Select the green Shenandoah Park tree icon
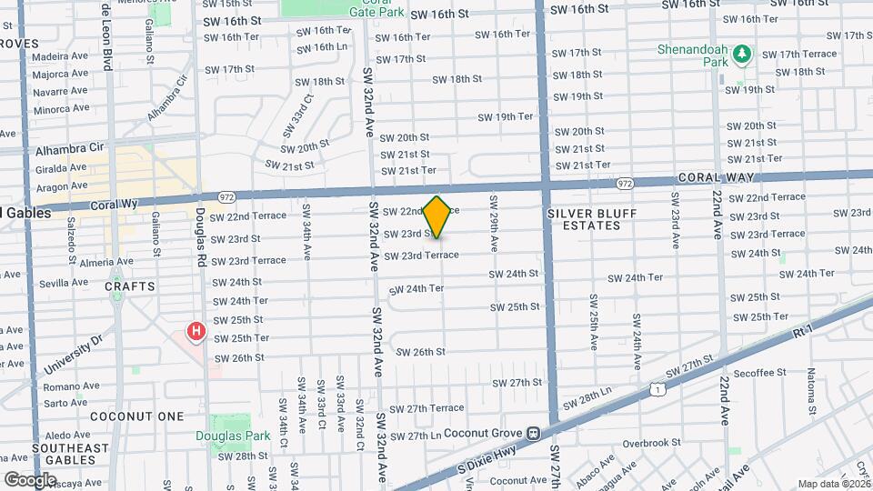click(x=742, y=55)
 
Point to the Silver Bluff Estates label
click(x=592, y=219)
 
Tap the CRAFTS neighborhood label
click(x=130, y=286)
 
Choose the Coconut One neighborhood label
click(x=137, y=416)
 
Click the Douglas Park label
click(x=233, y=436)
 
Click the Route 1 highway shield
click(x=657, y=389)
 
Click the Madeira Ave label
click(x=60, y=56)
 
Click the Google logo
click(x=30, y=479)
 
